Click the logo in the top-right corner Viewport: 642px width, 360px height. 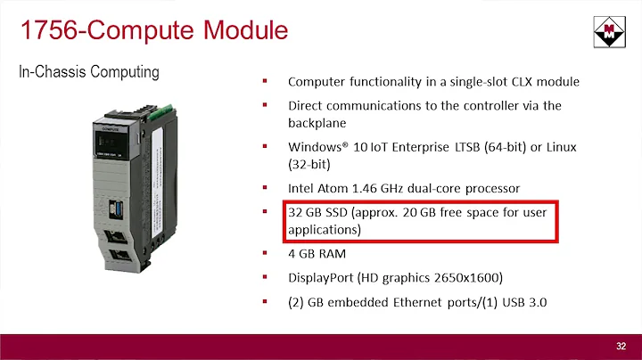[x=608, y=32]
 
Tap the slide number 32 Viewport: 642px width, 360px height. [x=621, y=345]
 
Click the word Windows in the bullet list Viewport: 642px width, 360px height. [x=316, y=146]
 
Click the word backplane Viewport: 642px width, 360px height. [x=317, y=122]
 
